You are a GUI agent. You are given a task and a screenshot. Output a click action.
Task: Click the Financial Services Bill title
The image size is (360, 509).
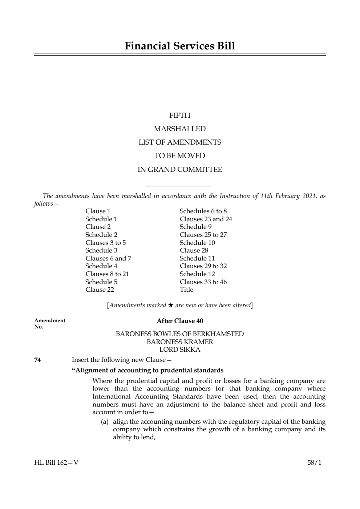(x=180, y=46)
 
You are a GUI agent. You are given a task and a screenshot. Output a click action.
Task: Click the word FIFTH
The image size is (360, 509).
(x=180, y=116)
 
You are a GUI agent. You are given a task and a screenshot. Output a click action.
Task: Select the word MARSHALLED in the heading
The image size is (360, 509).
(x=180, y=129)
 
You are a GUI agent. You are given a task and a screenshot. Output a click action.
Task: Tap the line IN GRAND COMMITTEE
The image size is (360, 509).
(x=180, y=170)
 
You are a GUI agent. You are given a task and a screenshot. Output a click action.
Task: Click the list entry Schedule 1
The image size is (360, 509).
(x=101, y=219)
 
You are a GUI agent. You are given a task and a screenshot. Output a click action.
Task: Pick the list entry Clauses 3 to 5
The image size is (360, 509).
(x=106, y=243)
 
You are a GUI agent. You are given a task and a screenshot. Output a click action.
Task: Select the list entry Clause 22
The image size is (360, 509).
(x=100, y=290)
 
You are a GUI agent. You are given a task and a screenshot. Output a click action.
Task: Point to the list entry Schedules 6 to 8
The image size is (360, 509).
(x=203, y=211)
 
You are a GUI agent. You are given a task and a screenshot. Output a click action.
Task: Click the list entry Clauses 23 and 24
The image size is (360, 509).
(x=206, y=219)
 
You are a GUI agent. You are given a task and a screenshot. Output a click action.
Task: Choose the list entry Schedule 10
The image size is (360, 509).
(x=197, y=243)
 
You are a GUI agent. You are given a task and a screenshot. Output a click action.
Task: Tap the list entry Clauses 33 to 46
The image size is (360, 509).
(x=203, y=282)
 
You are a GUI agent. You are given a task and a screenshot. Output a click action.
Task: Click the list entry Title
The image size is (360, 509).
(x=186, y=290)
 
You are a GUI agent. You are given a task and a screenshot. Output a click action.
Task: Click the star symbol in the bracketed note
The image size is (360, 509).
(x=171, y=305)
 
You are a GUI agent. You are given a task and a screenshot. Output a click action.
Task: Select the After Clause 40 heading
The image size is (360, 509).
(x=180, y=321)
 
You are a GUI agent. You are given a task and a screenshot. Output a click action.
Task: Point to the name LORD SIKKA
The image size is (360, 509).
(x=180, y=350)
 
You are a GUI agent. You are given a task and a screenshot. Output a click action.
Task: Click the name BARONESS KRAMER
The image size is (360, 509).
(x=180, y=342)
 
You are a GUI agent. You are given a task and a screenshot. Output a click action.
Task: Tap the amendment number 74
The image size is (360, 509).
(x=37, y=360)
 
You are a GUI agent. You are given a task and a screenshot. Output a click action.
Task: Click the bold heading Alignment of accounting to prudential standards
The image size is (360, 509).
(x=148, y=371)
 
